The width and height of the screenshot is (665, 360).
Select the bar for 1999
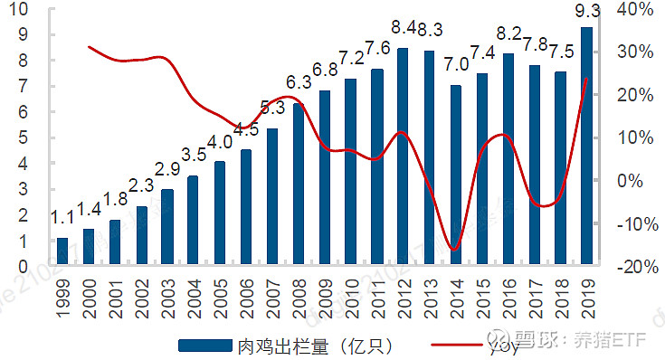tap(62, 252)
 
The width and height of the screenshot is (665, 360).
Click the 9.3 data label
tap(587, 14)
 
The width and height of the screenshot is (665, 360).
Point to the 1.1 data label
tap(62, 219)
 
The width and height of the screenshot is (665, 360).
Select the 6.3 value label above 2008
tap(299, 83)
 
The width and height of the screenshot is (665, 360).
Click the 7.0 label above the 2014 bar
tap(456, 64)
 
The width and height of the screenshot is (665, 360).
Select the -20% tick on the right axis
tap(634, 266)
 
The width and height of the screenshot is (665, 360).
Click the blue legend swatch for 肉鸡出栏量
tap(204, 344)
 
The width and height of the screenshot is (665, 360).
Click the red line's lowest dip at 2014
tap(455, 249)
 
